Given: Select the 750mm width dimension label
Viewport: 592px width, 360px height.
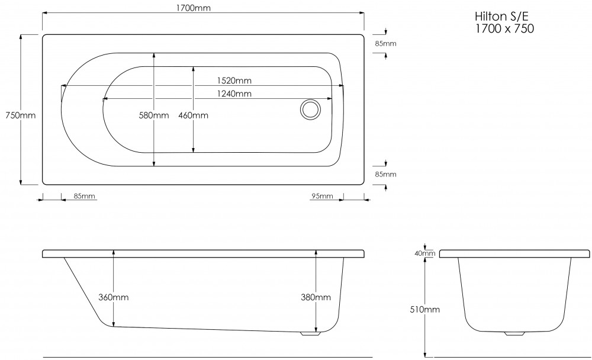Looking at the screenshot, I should click(x=19, y=115).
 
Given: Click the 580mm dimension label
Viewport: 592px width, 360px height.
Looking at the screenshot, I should click(x=154, y=115).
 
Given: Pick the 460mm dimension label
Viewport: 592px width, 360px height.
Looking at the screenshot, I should click(x=193, y=115).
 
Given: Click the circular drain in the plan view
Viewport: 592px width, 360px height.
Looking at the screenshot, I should click(x=310, y=110).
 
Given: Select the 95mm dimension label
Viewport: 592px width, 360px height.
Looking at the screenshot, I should click(x=322, y=196).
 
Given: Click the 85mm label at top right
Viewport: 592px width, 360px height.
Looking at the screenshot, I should click(x=385, y=44).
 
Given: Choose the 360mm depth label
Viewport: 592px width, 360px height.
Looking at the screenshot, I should click(x=113, y=297).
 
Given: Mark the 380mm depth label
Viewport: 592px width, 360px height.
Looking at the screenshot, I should click(x=316, y=297).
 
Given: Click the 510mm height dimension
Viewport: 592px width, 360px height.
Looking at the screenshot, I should click(x=424, y=308).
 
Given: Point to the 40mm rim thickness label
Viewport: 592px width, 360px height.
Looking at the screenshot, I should click(x=426, y=253).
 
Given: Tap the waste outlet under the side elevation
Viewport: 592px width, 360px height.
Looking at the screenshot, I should click(x=308, y=333).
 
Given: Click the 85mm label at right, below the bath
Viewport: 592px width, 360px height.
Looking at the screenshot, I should click(x=385, y=174).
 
